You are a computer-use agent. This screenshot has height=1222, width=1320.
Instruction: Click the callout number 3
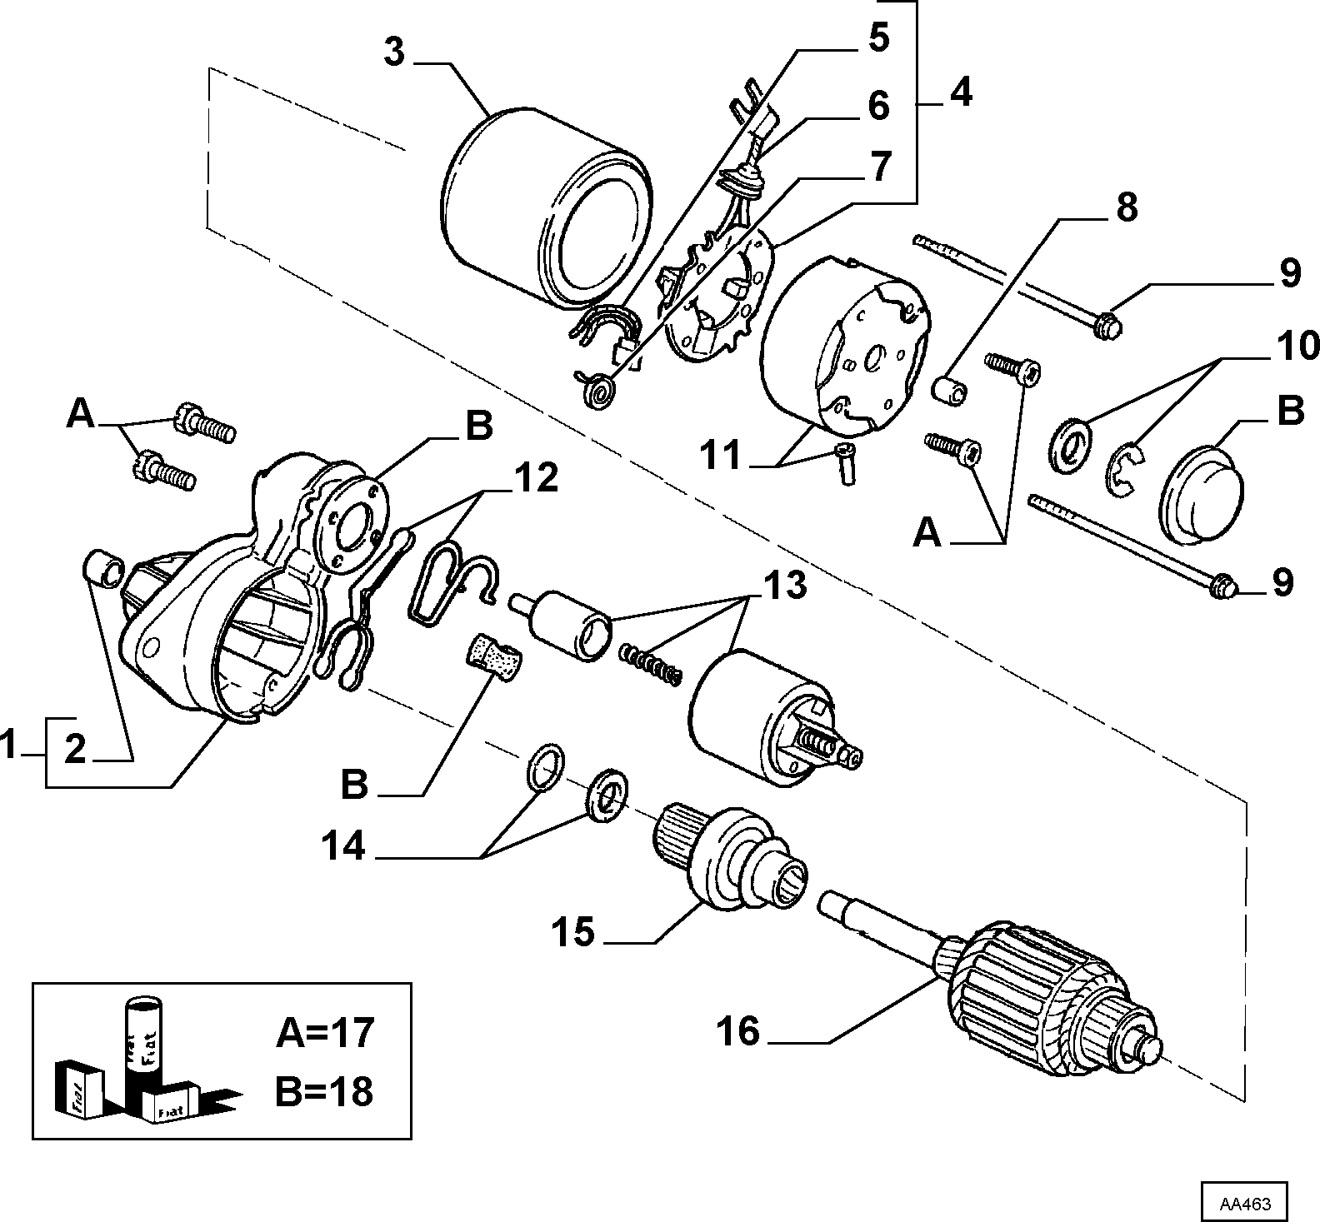[x=394, y=53]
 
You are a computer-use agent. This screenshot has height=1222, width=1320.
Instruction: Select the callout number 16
[x=738, y=1032]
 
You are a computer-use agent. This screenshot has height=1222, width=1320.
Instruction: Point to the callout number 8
[x=1126, y=207]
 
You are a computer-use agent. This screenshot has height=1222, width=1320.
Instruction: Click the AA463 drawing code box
[x=1244, y=1203]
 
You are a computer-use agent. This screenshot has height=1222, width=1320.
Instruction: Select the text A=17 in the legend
[x=325, y=1033]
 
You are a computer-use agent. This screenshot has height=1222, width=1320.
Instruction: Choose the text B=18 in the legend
[x=325, y=1091]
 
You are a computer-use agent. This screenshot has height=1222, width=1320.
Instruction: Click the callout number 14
[x=343, y=846]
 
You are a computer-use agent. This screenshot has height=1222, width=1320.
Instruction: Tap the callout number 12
[x=536, y=479]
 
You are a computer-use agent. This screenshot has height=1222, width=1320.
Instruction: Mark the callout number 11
[x=721, y=456]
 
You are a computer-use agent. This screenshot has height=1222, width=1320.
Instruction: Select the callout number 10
[x=1296, y=345]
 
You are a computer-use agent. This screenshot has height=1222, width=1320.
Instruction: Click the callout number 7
[x=881, y=167]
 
